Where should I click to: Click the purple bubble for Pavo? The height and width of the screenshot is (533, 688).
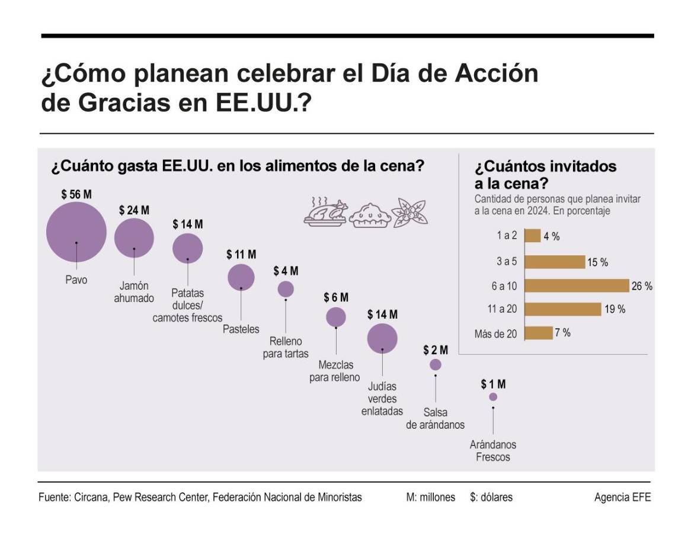pyautogui.click(x=76, y=232)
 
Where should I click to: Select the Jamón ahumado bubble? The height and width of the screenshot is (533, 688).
pyautogui.click(x=134, y=238)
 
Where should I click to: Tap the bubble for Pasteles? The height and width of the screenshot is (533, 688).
pyautogui.click(x=241, y=277)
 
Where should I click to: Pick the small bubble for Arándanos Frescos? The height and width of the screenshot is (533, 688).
pyautogui.click(x=493, y=397)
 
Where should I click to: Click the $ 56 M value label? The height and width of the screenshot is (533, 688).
pyautogui.click(x=76, y=194)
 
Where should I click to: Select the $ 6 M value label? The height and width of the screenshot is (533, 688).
pyautogui.click(x=336, y=297)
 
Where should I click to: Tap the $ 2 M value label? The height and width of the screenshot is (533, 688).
pyautogui.click(x=436, y=350)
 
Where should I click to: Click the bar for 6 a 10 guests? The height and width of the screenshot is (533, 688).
pyautogui.click(x=577, y=285)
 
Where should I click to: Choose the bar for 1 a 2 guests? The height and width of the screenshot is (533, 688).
pyautogui.click(x=533, y=236)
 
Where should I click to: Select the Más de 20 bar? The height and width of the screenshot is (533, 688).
pyautogui.click(x=539, y=333)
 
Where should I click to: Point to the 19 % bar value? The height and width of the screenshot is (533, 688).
pyautogui.click(x=615, y=309)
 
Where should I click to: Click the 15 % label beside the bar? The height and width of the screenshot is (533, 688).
pyautogui.click(x=597, y=262)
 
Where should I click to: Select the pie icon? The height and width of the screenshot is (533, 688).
pyautogui.click(x=370, y=216)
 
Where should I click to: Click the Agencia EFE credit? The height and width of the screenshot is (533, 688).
pyautogui.click(x=622, y=497)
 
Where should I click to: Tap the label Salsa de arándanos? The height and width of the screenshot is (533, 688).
pyautogui.click(x=436, y=419)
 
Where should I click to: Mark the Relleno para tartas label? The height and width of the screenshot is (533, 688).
pyautogui.click(x=286, y=348)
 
